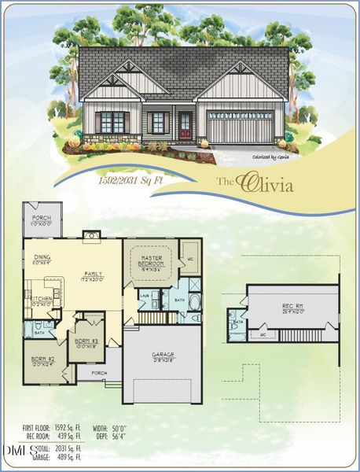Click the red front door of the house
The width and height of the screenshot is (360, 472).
tap(186, 124)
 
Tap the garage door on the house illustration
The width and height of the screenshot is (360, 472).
tap(241, 128)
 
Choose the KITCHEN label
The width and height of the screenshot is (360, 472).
tap(41, 298)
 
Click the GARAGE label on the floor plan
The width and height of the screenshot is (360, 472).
tap(163, 355)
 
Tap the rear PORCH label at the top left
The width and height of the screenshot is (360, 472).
tap(41, 219)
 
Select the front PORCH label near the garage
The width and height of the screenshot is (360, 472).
tap(99, 373)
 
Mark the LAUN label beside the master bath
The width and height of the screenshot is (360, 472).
tap(145, 295)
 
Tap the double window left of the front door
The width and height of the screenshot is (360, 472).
tap(112, 122)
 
